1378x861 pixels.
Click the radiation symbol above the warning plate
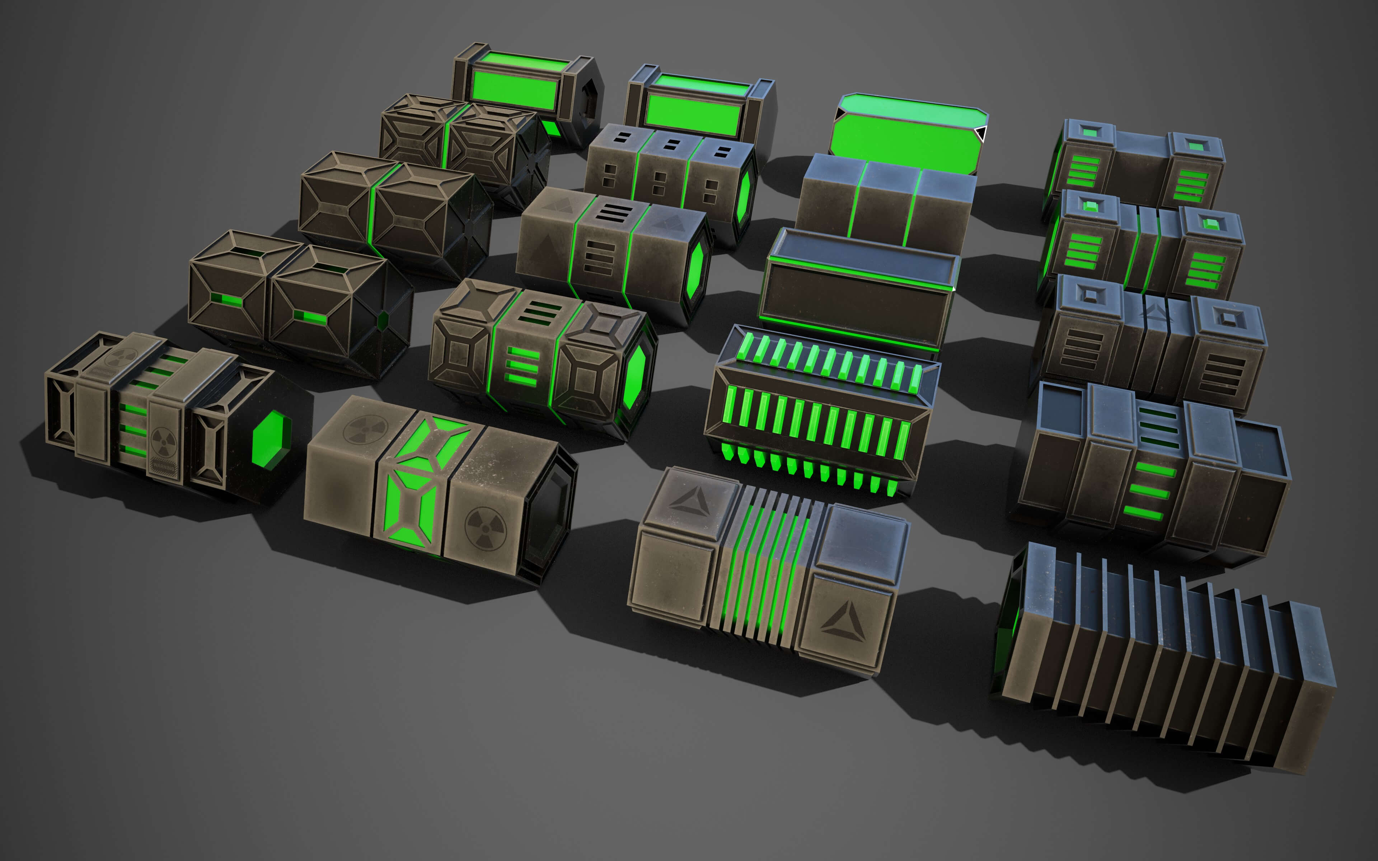coord(163,441)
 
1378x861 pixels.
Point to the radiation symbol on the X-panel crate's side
coord(484,528)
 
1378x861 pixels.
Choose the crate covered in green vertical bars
coord(820,410)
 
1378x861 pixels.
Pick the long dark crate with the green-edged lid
coord(857,291)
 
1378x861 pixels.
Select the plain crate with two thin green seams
coord(885,202)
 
